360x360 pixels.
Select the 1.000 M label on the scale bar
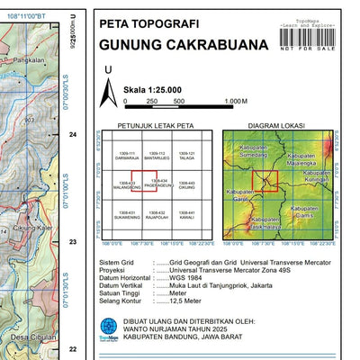235,102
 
